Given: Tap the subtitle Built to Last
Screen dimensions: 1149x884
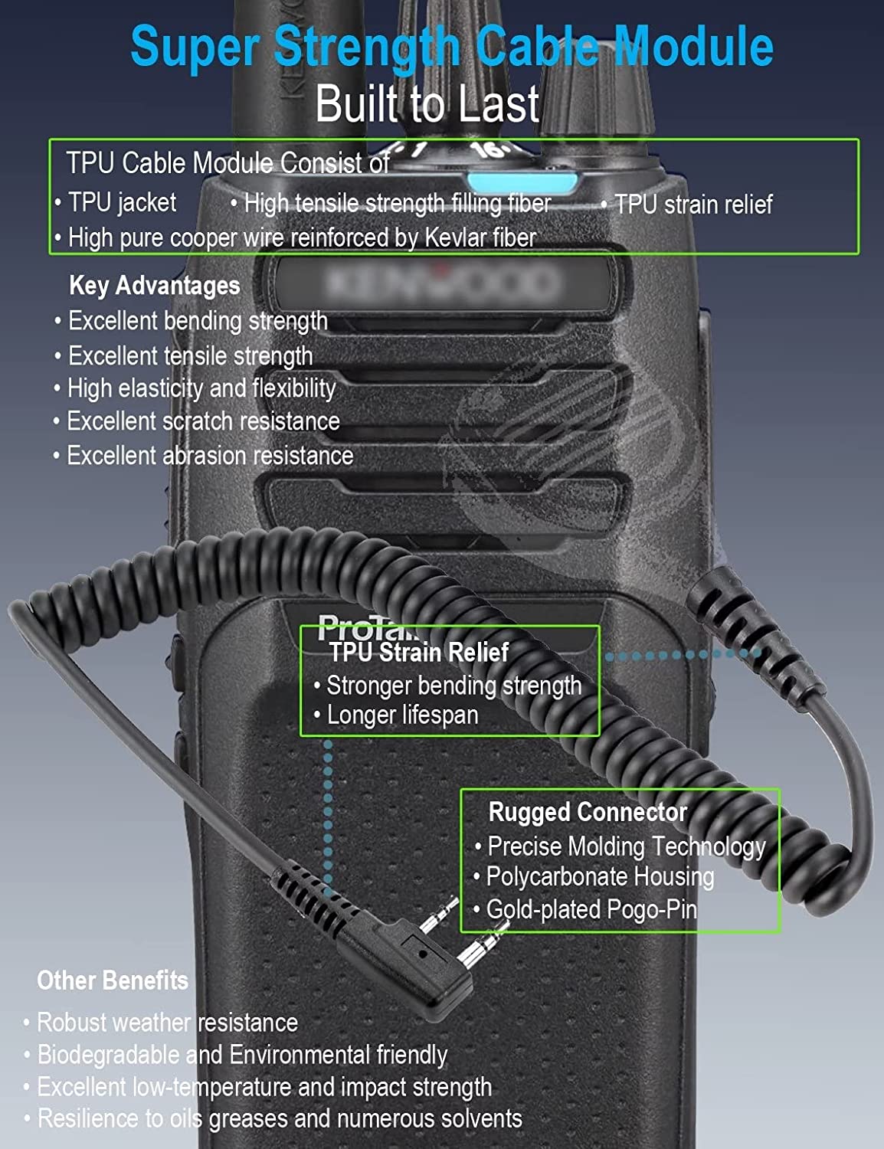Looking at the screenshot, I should [x=427, y=104].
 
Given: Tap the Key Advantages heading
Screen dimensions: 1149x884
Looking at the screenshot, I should [x=155, y=286].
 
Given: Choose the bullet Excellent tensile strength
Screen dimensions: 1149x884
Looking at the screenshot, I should [x=190, y=356].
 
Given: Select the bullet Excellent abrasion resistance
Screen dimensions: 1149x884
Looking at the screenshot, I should [x=210, y=456].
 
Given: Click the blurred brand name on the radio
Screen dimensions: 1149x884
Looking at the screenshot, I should [x=442, y=284].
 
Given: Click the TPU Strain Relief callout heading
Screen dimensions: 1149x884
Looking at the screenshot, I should [x=418, y=652].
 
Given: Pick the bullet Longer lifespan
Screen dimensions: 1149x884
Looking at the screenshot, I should [x=402, y=715].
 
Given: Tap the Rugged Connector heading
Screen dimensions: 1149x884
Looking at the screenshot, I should [x=588, y=812].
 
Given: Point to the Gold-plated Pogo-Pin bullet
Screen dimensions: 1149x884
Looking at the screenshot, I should [x=591, y=910].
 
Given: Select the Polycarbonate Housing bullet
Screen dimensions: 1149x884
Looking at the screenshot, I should [x=600, y=877].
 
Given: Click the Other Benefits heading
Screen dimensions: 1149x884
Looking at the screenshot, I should [x=113, y=980].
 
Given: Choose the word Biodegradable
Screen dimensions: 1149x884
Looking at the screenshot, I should [x=107, y=1055].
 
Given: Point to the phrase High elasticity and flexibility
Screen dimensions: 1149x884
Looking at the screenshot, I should [x=201, y=389].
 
